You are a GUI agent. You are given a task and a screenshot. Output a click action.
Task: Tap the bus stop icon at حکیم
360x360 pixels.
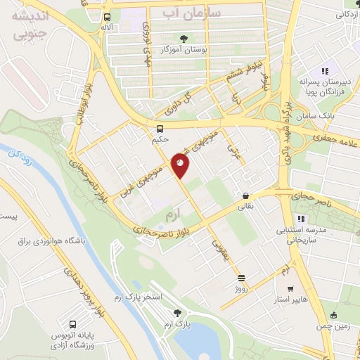160,129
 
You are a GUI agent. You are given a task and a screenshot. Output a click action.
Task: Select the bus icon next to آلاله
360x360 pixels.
106,18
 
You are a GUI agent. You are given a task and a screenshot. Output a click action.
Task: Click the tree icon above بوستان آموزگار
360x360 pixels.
184,39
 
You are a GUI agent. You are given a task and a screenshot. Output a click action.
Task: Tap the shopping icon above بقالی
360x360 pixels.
245,197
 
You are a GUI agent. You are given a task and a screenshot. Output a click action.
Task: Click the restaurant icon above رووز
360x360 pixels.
242,278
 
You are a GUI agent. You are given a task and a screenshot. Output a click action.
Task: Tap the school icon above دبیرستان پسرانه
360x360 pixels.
324,71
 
